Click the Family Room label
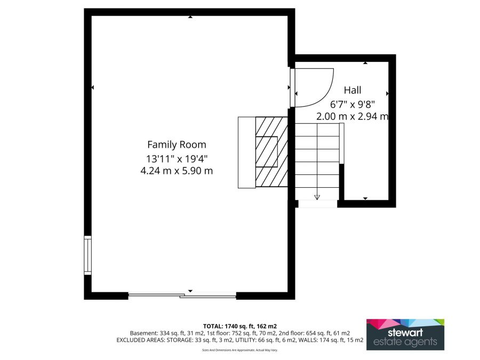tap(177, 145)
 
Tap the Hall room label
tap(352, 90)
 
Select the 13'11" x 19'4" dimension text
tap(177, 158)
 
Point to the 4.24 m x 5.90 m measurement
tap(177, 171)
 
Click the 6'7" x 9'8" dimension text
tap(352, 104)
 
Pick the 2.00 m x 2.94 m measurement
tap(352, 116)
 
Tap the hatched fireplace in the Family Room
tap(271, 151)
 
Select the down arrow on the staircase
tap(317, 196)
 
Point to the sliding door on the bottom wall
tap(182, 295)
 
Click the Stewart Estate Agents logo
tap(405, 334)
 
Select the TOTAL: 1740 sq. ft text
tap(239, 326)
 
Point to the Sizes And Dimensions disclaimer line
tap(239, 350)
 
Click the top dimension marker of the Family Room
tap(190, 17)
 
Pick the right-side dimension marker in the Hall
tap(387, 93)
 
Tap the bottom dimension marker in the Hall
tap(365, 198)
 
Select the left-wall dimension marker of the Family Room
tap(93, 87)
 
